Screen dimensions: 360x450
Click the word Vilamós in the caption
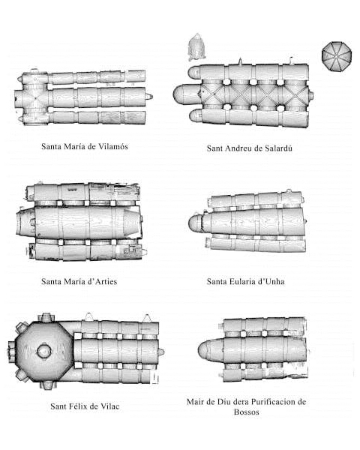click(x=113, y=146)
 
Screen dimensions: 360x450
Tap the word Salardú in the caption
click(x=278, y=148)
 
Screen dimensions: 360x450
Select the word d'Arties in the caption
click(x=102, y=281)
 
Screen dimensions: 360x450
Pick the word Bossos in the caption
click(x=247, y=412)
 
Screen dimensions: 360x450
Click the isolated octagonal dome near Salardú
click(x=337, y=56)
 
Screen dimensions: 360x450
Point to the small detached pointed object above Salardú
click(x=196, y=47)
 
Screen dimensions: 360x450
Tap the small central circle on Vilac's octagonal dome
click(x=44, y=351)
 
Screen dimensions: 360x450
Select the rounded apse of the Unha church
click(x=196, y=223)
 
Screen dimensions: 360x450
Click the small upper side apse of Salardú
click(x=193, y=72)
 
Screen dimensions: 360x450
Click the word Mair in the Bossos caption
click(x=195, y=402)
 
